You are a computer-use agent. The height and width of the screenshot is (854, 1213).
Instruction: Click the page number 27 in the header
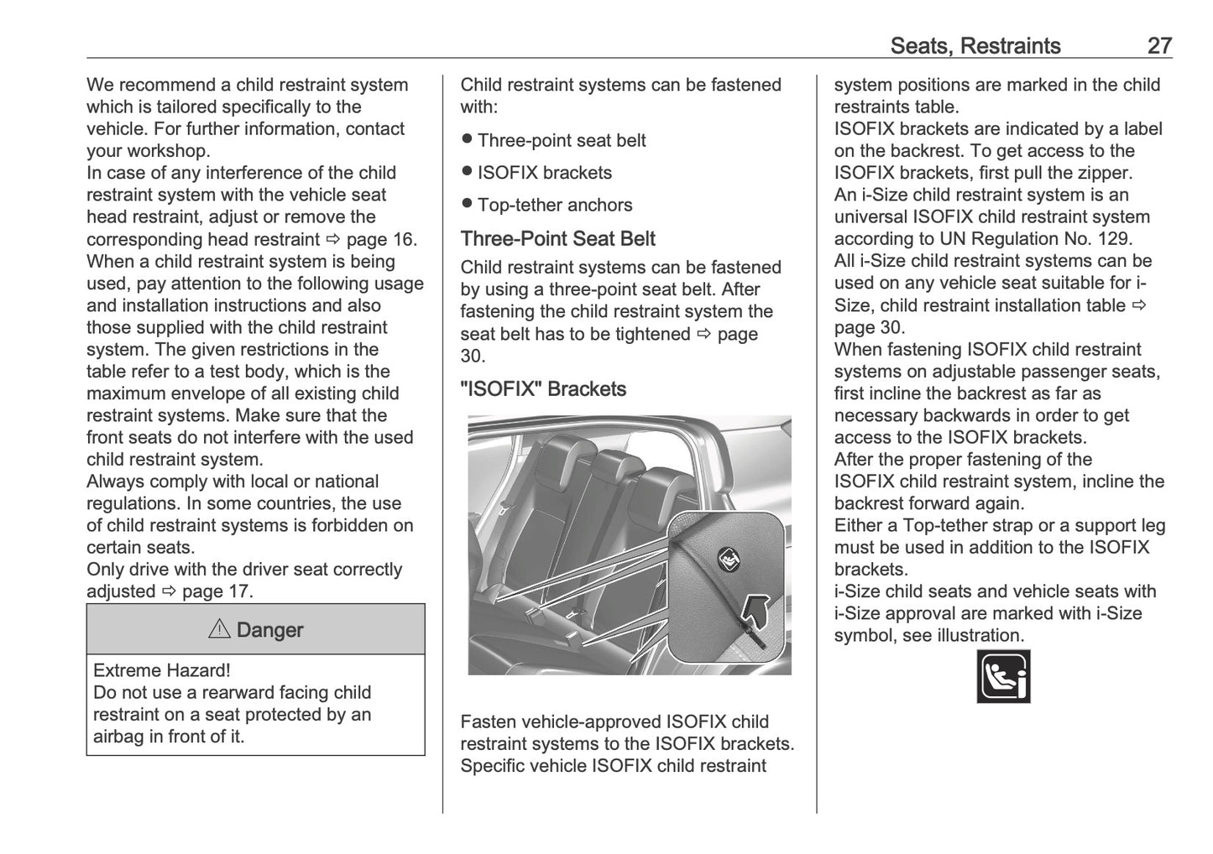pos(1159,45)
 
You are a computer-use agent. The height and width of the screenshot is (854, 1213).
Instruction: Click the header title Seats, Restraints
pos(975,45)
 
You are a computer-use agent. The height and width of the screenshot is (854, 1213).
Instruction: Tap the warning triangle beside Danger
pos(219,629)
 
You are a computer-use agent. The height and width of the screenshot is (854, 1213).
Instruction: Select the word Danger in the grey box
pos(270,630)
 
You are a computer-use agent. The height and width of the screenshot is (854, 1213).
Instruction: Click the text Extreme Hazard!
pos(162,670)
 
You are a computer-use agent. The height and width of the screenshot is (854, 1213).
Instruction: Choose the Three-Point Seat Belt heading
pos(557,239)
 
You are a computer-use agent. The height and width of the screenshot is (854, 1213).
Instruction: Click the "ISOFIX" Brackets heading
pos(543,389)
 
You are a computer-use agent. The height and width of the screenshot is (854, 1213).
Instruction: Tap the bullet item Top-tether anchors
pos(554,206)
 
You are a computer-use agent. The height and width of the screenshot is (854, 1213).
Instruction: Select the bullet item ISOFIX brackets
pos(544,173)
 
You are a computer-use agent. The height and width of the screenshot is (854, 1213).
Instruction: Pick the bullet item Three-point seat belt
pos(561,141)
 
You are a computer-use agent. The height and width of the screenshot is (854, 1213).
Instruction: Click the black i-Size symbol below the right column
pos(1003,675)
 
